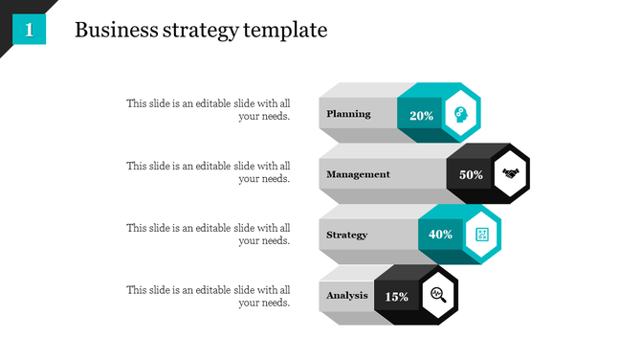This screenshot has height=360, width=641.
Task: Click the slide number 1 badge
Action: tap(30, 31)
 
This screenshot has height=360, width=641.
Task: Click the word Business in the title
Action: tap(108, 30)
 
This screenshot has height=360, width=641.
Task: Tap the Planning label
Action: tap(348, 114)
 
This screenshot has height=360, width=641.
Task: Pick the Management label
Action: tap(358, 174)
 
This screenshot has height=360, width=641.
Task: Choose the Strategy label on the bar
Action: tap(346, 235)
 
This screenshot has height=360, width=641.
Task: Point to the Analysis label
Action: tap(346, 295)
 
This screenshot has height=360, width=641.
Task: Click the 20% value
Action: tap(421, 115)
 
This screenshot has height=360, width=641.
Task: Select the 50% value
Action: tap(471, 175)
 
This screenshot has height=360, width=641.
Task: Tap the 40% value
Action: tap(440, 235)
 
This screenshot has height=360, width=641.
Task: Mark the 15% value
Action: tap(396, 296)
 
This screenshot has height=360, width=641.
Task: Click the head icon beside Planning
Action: tap(460, 114)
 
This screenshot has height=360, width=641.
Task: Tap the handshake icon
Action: tap(510, 174)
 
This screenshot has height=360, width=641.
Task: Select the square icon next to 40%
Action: tap(481, 235)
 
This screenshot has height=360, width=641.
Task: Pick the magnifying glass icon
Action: tap(438, 295)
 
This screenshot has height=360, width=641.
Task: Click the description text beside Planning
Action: tap(209, 110)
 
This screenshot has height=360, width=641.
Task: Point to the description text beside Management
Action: tap(209, 171)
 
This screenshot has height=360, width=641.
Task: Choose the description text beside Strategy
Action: tap(209, 234)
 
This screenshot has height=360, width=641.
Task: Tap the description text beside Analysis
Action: tap(209, 295)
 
